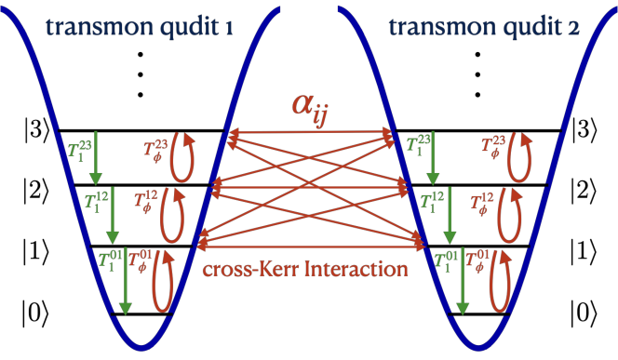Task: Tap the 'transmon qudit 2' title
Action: pyautogui.click(x=484, y=27)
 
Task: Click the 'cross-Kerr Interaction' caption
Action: pyautogui.click(x=305, y=270)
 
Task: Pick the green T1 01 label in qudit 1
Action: pyautogui.click(x=111, y=260)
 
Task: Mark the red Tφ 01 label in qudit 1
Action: pyautogui.click(x=141, y=260)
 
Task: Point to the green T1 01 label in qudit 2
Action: pyautogui.click(x=447, y=260)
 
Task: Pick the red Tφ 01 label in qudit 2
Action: pyautogui.click(x=477, y=260)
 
